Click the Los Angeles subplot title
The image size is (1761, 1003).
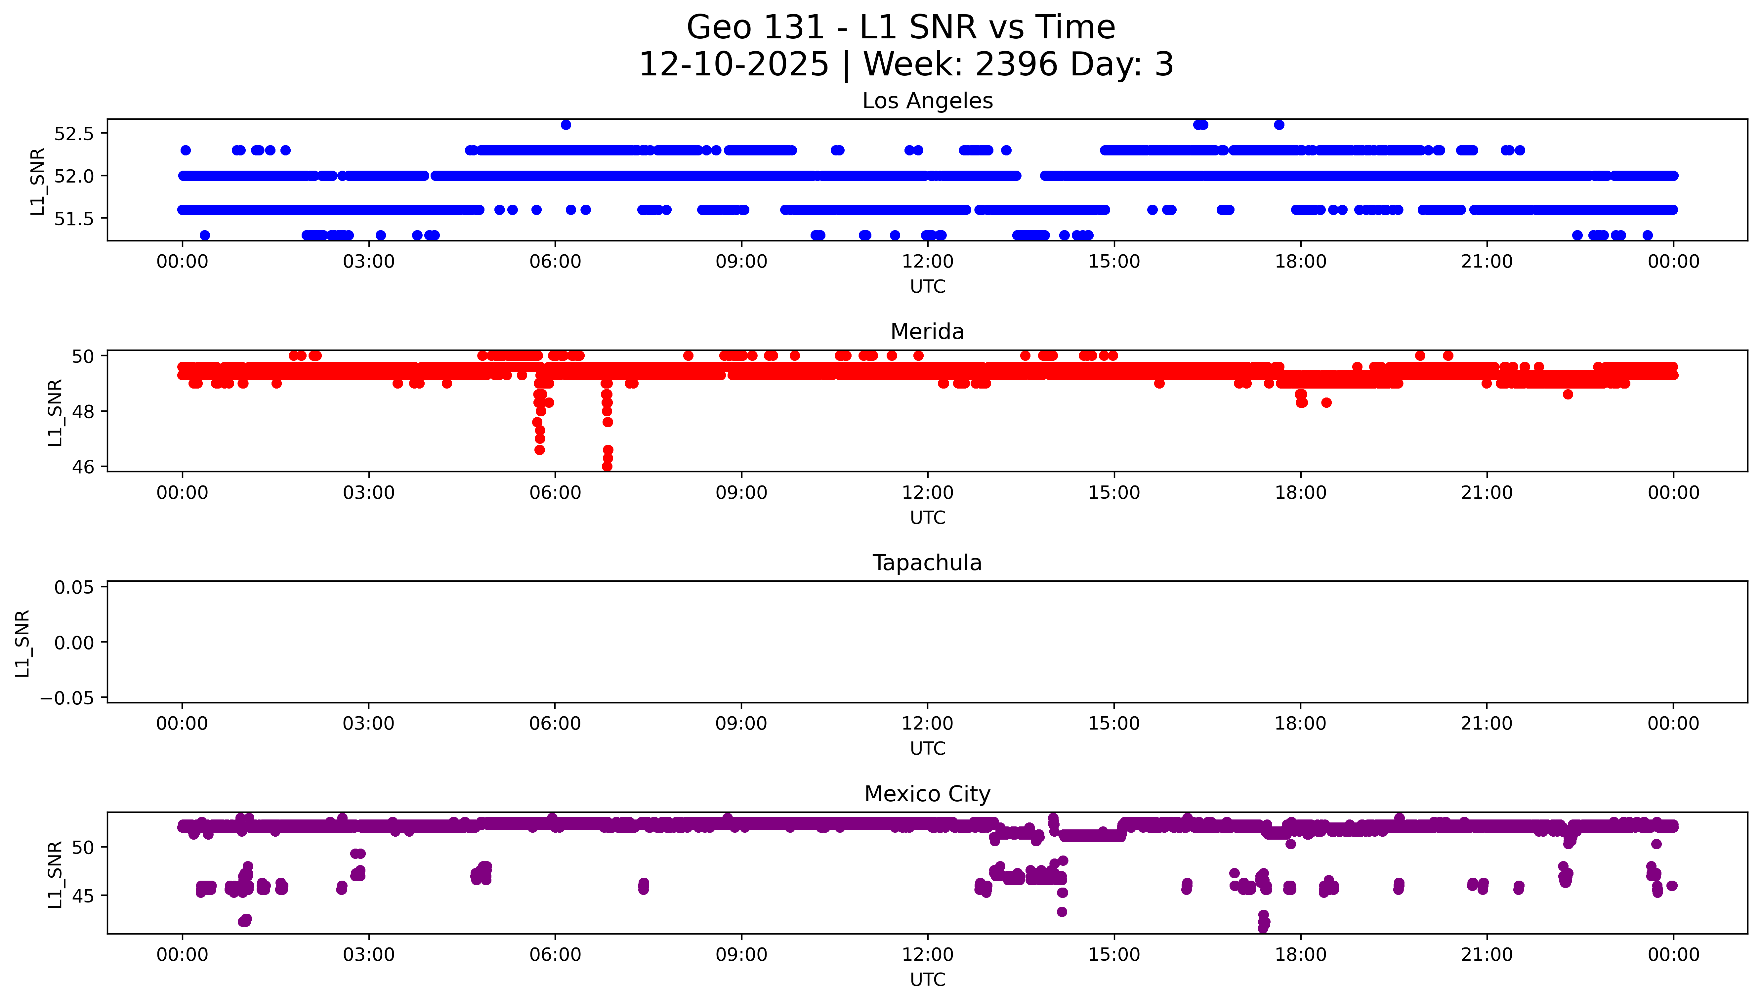pyautogui.click(x=927, y=101)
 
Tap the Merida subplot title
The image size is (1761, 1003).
pyautogui.click(x=927, y=332)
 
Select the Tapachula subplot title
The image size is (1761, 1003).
pyautogui.click(x=927, y=563)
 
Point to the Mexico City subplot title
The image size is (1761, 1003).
pyautogui.click(x=927, y=794)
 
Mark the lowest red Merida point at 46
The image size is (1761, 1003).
pyautogui.click(x=607, y=466)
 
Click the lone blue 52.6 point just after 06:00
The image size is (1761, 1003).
pyautogui.click(x=566, y=125)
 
